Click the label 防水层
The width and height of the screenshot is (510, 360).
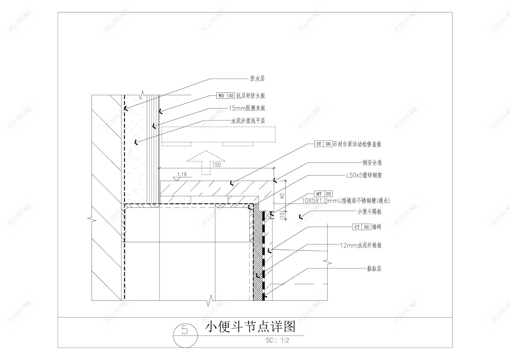point(257,79)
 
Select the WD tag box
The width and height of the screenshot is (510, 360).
point(221,96)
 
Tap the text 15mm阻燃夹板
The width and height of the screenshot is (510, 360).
point(247,108)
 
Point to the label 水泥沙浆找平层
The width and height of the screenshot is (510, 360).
point(248,121)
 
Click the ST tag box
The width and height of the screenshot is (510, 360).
point(319,144)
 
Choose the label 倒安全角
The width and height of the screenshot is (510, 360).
point(372,162)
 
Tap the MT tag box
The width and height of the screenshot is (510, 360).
point(319,194)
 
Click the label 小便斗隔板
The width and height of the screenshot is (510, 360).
point(369,212)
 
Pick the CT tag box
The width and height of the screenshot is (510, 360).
point(357,227)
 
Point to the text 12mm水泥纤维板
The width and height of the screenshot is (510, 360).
point(361,245)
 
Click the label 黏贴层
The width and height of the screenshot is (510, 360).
point(374,268)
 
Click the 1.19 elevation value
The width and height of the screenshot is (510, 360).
point(182,174)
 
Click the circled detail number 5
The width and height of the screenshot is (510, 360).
point(185,330)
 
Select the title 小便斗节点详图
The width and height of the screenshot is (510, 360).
point(250,327)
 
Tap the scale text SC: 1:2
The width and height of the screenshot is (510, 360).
point(277,340)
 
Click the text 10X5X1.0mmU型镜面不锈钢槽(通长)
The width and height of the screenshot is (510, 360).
point(346,201)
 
